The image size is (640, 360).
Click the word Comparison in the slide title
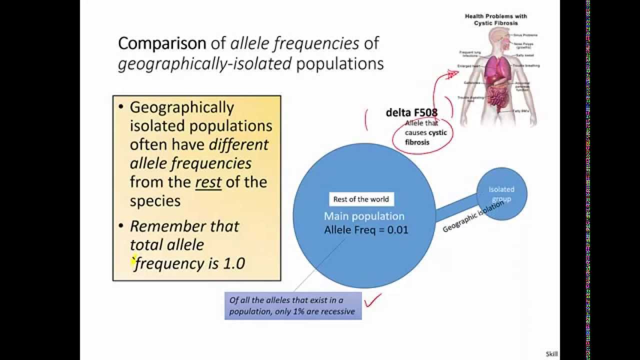[161, 43]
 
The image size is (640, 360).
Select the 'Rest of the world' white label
[361, 199]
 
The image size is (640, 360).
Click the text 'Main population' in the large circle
[364, 216]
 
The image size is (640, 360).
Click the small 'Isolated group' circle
[501, 194]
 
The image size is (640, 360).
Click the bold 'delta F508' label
[411, 112]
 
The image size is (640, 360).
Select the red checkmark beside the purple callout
[373, 299]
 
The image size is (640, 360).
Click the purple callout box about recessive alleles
[292, 305]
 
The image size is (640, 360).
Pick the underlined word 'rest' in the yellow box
[208, 182]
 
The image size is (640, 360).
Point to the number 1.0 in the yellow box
[233, 263]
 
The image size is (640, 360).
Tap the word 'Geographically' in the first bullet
[181, 107]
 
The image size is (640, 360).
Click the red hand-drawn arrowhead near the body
[452, 74]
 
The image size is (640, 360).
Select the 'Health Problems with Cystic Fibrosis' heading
[495, 19]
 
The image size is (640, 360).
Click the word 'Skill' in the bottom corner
[551, 354]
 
